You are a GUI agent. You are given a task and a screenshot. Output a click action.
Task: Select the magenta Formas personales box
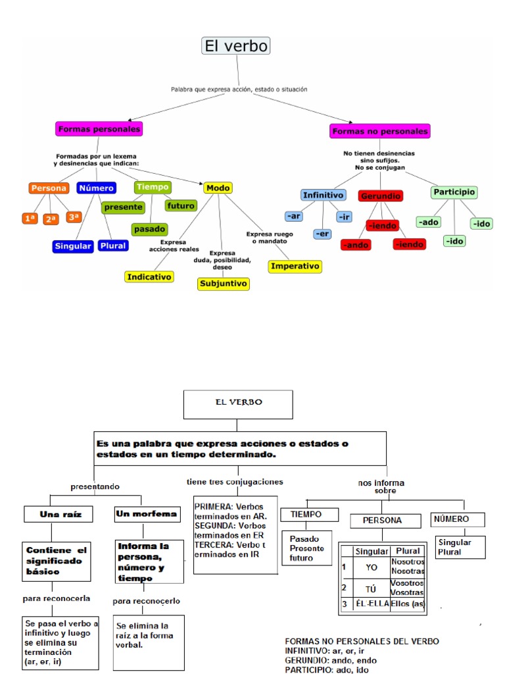[99, 129]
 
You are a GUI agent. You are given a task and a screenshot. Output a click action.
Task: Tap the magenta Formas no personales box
[380, 131]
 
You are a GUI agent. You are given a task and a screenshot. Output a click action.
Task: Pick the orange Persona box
[49, 188]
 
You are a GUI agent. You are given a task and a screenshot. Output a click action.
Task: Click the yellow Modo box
[218, 188]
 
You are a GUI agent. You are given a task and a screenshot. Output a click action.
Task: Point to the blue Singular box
[73, 246]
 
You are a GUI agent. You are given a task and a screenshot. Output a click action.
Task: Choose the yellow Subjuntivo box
[223, 284]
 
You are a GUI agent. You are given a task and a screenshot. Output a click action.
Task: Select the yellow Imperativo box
[295, 266]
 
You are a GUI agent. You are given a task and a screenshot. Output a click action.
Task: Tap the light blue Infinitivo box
[323, 195]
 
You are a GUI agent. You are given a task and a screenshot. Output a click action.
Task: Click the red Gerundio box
[381, 196]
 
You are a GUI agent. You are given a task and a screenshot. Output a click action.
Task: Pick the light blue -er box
[322, 234]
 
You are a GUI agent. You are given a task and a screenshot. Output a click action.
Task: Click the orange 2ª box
[51, 219]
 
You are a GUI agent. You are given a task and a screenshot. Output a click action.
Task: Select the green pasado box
[149, 229]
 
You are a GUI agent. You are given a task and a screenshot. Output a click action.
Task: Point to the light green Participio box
[454, 192]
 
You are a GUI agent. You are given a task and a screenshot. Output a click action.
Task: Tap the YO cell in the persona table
[371, 567]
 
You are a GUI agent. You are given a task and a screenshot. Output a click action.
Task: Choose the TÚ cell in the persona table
[371, 588]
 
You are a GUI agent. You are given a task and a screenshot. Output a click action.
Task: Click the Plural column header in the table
[408, 551]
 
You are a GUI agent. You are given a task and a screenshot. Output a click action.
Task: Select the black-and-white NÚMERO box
[451, 519]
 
